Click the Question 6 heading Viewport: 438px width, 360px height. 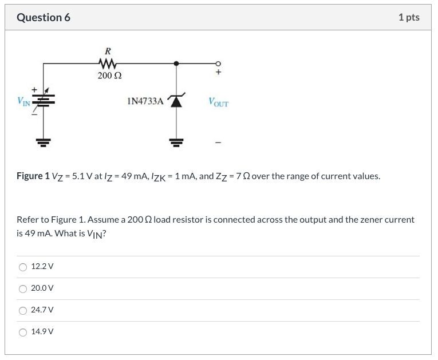pos(44,17)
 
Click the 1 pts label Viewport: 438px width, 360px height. pos(408,17)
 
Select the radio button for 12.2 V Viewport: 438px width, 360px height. pos(23,267)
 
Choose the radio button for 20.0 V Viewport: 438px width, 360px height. pos(23,288)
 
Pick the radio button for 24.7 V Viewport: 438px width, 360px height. pos(23,310)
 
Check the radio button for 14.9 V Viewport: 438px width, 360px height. pos(23,332)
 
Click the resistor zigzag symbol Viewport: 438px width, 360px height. pos(108,64)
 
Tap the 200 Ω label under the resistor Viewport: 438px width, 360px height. pos(109,75)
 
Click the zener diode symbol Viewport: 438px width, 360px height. pos(176,101)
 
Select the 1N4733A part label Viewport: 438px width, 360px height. pos(145,102)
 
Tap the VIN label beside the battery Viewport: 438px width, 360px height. pos(23,102)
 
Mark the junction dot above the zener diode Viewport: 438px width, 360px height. pos(176,64)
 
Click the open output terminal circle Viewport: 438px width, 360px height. pos(218,64)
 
